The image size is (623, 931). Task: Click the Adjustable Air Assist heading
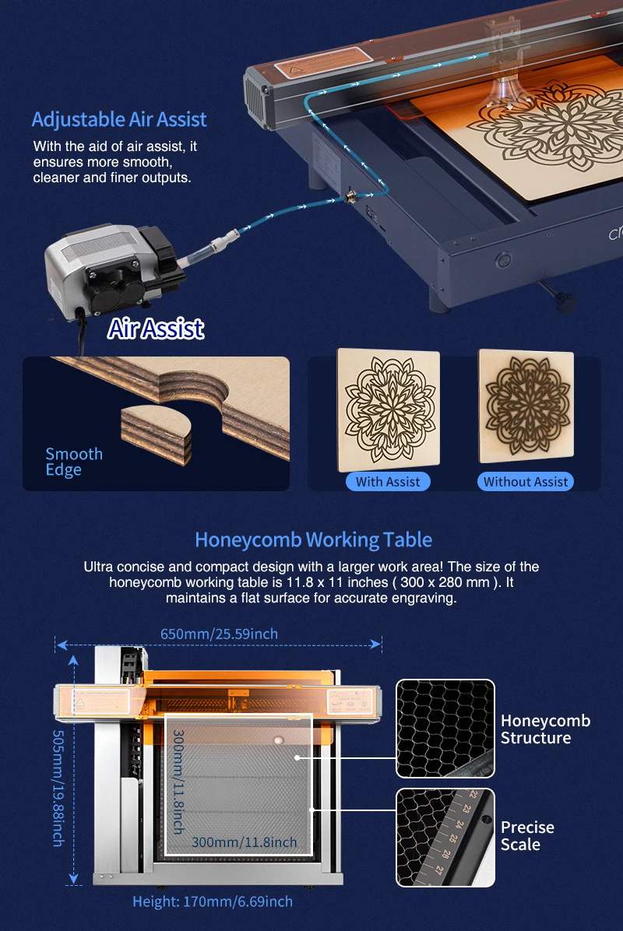click(x=119, y=120)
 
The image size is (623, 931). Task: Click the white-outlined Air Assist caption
click(x=156, y=328)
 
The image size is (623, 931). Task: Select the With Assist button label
click(x=388, y=482)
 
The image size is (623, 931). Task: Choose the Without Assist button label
click(x=526, y=482)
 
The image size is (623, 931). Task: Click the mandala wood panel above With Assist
click(x=388, y=409)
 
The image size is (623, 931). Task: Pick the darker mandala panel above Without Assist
click(x=526, y=406)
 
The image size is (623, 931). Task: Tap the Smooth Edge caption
click(x=74, y=462)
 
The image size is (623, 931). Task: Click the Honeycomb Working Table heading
click(x=313, y=539)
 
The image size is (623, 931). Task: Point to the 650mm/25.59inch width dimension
click(x=219, y=634)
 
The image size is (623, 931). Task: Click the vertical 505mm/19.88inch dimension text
click(x=58, y=788)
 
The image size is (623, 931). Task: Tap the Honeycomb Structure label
click(x=545, y=729)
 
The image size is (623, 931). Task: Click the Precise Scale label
click(x=528, y=835)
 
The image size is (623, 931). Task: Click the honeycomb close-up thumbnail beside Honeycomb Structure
click(x=445, y=729)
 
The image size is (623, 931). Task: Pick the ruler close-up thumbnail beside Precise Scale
click(x=445, y=837)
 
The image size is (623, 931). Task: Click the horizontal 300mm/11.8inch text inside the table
click(x=245, y=841)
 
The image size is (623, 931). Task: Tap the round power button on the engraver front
click(x=502, y=258)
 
